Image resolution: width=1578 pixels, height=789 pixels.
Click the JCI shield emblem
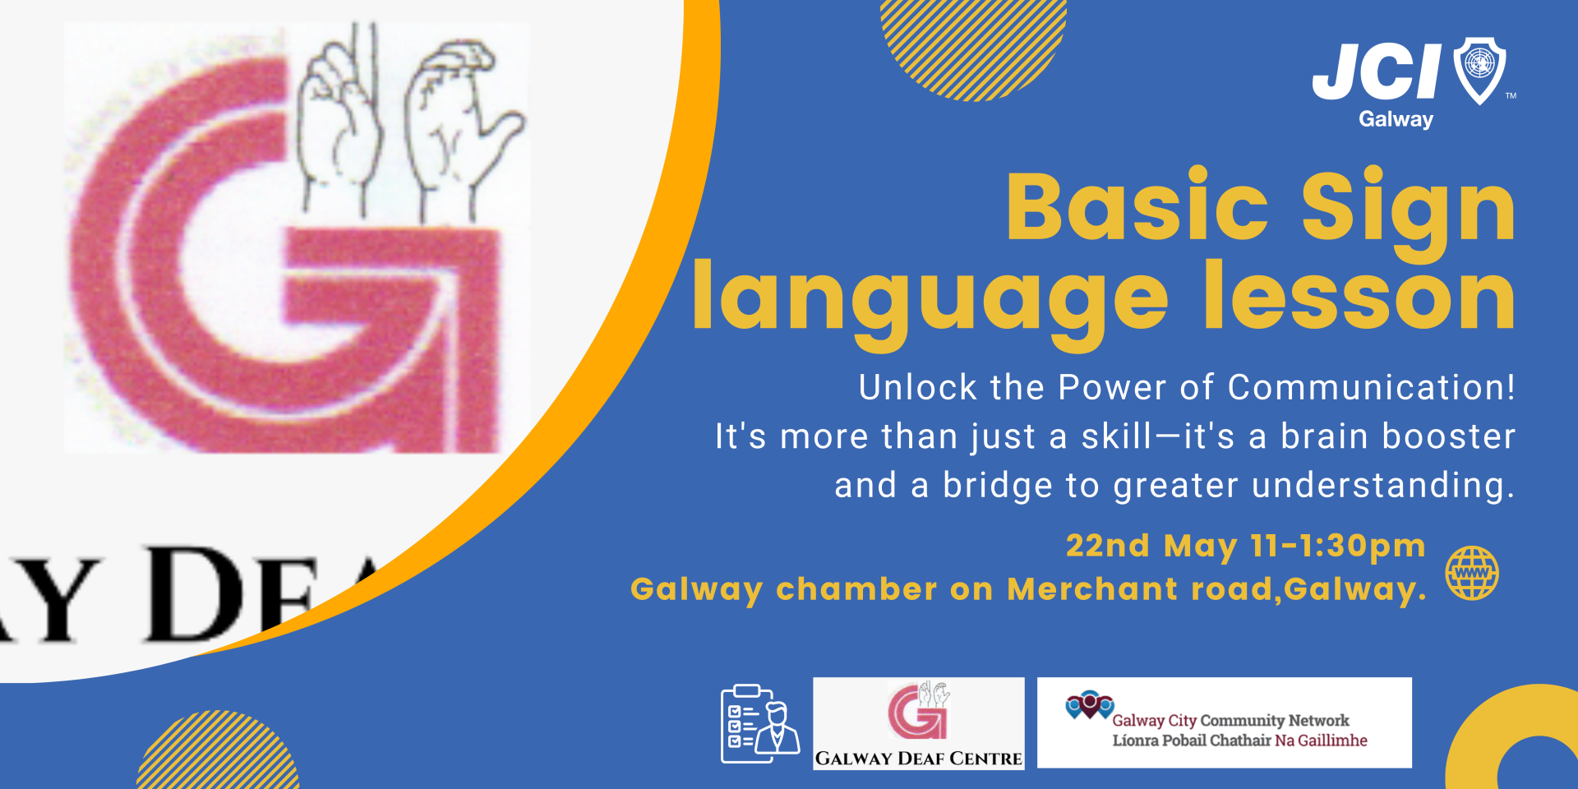(1479, 70)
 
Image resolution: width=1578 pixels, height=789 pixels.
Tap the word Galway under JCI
(1396, 119)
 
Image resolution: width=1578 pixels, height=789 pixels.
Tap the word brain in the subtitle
(1324, 436)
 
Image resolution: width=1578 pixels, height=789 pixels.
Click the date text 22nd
(1107, 546)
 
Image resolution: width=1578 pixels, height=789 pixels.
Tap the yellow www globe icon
(1472, 573)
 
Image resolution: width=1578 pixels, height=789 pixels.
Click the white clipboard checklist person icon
(759, 724)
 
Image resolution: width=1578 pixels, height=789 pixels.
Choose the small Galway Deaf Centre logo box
(919, 723)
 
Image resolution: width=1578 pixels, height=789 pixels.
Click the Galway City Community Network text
(1230, 721)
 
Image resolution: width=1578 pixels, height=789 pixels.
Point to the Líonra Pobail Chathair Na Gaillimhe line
(1239, 741)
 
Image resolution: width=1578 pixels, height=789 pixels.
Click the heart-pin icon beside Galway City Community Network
(1089, 705)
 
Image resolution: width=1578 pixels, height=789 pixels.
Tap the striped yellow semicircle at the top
(973, 45)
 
